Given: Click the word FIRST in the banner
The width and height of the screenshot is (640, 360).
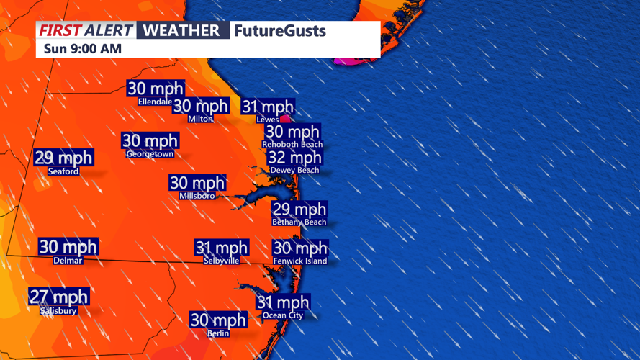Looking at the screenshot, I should [60, 31].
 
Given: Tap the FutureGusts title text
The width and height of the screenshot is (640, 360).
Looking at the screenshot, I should [279, 31].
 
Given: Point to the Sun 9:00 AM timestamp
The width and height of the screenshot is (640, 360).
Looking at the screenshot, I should [83, 50].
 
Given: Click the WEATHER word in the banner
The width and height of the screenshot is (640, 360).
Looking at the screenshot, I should [181, 31].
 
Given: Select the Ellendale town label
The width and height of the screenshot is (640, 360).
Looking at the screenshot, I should [155, 102].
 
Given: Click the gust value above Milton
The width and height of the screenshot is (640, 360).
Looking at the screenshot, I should [201, 106].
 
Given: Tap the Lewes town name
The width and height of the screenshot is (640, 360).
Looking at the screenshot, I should [268, 120].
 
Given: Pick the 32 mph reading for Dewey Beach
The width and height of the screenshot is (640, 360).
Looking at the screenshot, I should [295, 158].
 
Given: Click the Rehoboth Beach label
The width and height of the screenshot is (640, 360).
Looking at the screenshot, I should [292, 145].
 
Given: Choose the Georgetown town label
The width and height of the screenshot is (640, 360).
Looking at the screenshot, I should [150, 154].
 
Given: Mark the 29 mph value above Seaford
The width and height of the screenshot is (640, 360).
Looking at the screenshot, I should [64, 158].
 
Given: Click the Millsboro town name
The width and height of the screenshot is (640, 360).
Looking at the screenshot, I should [197, 196].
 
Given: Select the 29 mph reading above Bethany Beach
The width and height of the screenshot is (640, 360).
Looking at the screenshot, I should [299, 210].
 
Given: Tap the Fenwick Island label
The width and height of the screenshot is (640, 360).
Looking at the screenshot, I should [300, 261].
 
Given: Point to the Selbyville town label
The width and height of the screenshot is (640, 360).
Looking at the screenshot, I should [222, 261].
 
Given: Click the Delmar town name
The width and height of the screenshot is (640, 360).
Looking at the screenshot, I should [68, 261].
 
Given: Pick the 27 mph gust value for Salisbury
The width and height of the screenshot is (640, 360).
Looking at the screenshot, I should [59, 297].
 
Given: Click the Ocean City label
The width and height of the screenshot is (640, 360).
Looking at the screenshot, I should [283, 315].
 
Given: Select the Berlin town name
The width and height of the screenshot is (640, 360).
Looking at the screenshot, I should [218, 333].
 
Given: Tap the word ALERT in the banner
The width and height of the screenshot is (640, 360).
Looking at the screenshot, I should [107, 31].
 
